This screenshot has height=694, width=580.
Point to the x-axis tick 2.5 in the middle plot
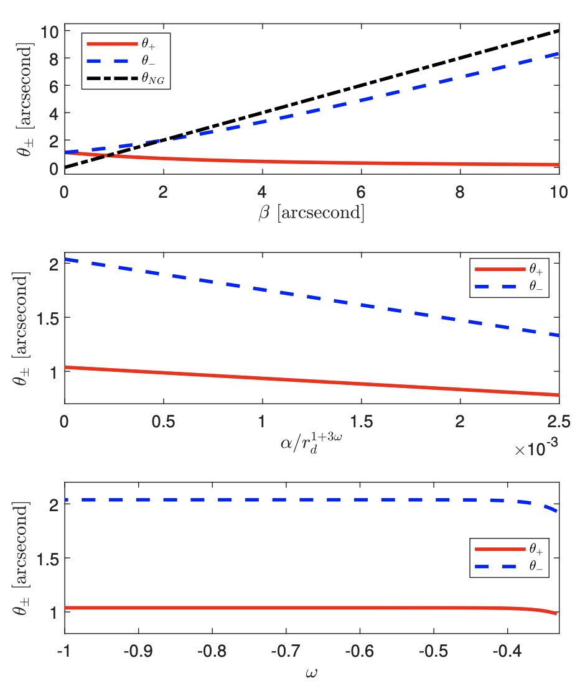[x=558, y=422]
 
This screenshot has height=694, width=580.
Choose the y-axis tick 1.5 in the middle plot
[x=45, y=318]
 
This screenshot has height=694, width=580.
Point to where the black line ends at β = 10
[x=559, y=30]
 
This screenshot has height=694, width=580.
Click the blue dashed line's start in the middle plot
[x=65, y=259]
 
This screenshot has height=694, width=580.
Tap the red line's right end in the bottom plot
[x=555, y=613]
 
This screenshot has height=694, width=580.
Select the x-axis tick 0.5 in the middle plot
[x=163, y=422]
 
